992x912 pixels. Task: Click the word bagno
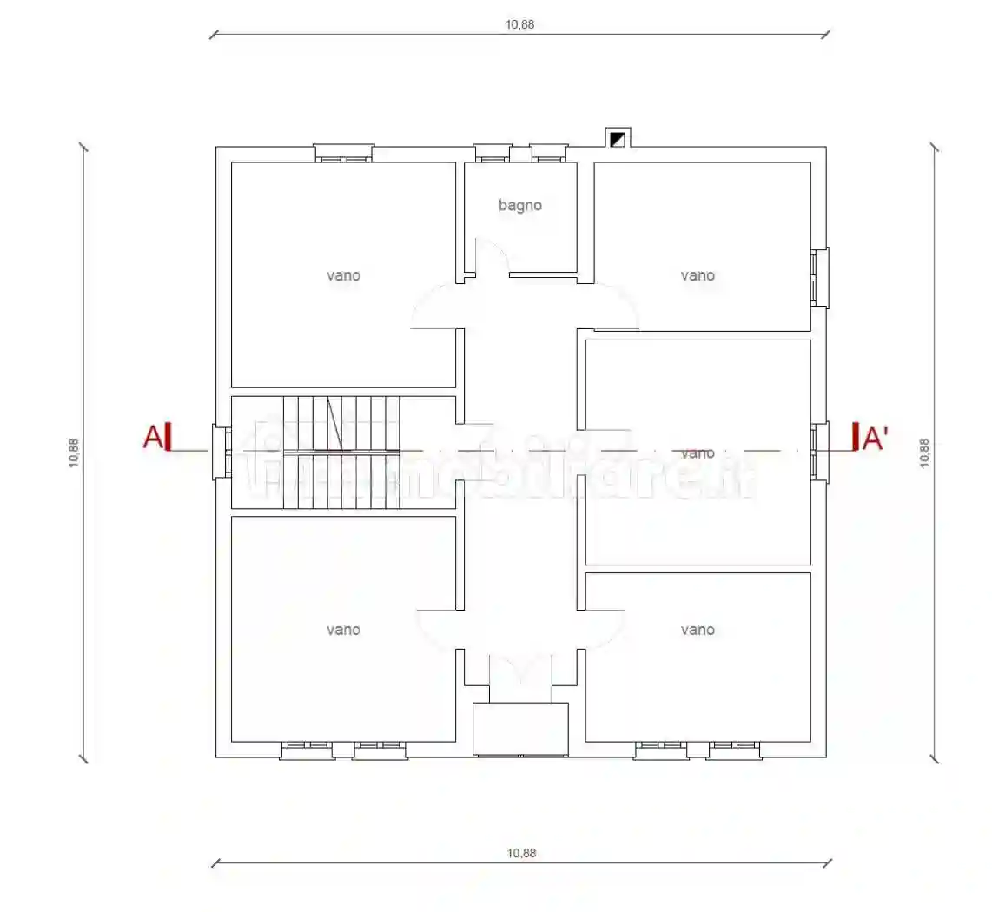pyautogui.click(x=520, y=206)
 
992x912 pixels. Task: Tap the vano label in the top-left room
pyautogui.click(x=343, y=275)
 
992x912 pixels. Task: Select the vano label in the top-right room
pyautogui.click(x=698, y=275)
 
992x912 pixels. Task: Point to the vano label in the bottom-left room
pyautogui.click(x=343, y=630)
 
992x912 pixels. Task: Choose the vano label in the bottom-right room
pyautogui.click(x=698, y=630)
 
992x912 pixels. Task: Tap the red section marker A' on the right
pyautogui.click(x=871, y=439)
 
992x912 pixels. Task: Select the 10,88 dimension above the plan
pyautogui.click(x=520, y=24)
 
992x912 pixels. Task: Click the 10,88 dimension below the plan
pyautogui.click(x=520, y=853)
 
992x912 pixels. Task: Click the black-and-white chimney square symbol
pyautogui.click(x=618, y=138)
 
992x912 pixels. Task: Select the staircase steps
pyautogui.click(x=341, y=452)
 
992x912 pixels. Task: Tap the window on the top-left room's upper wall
pyautogui.click(x=343, y=154)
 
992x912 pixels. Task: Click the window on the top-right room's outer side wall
pyautogui.click(x=820, y=277)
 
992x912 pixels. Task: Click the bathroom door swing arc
pyautogui.click(x=492, y=254)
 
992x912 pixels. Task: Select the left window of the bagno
pyautogui.click(x=493, y=154)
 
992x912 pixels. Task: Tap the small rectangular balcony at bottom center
pyautogui.click(x=519, y=729)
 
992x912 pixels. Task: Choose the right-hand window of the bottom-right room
pyautogui.click(x=734, y=750)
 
